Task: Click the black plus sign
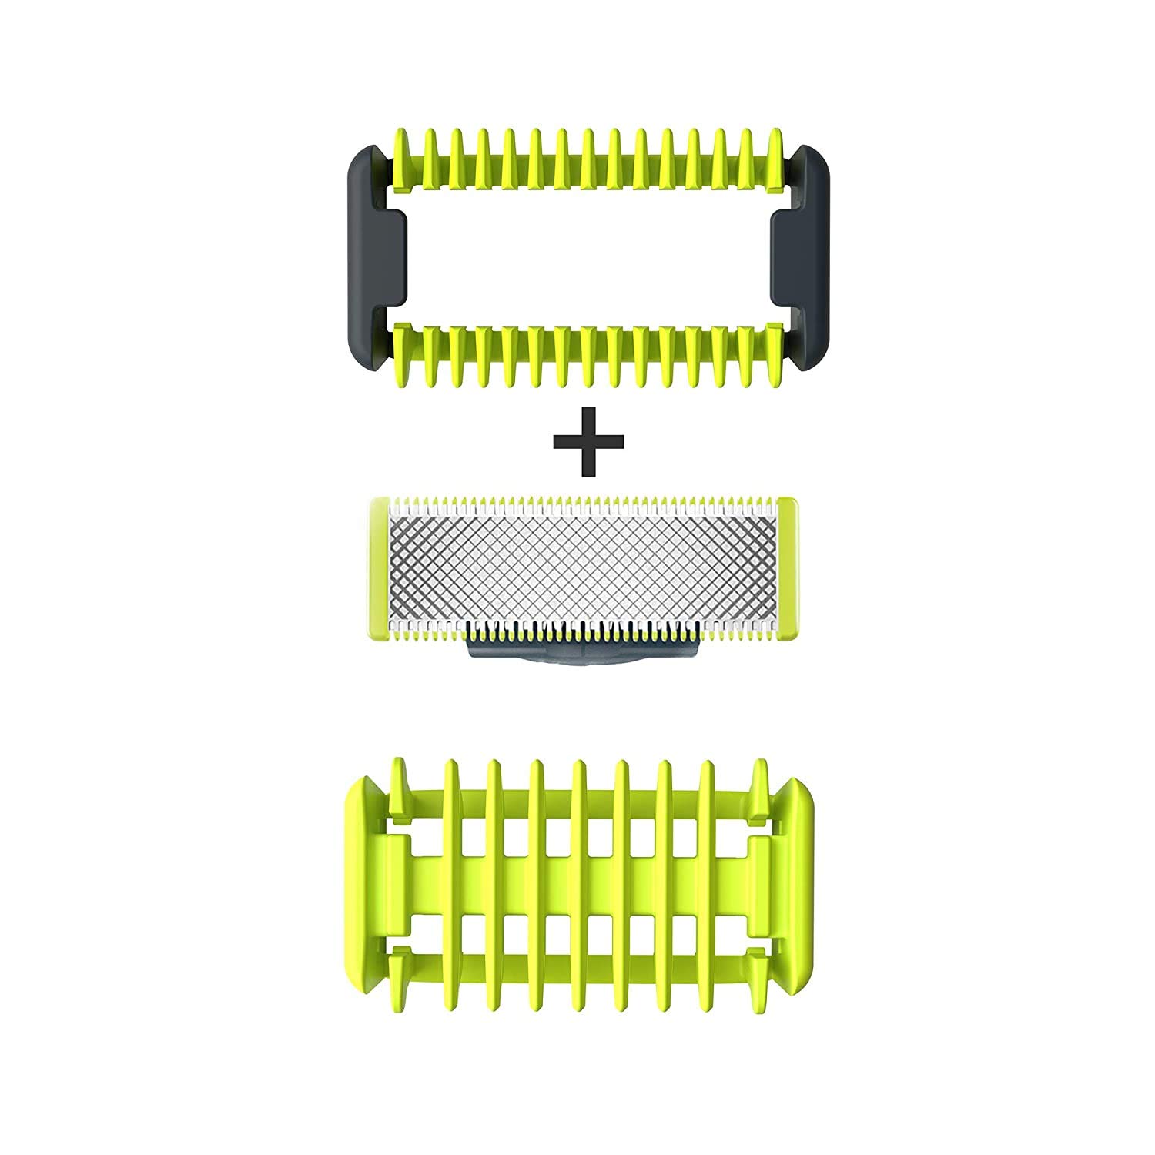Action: point(588,440)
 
